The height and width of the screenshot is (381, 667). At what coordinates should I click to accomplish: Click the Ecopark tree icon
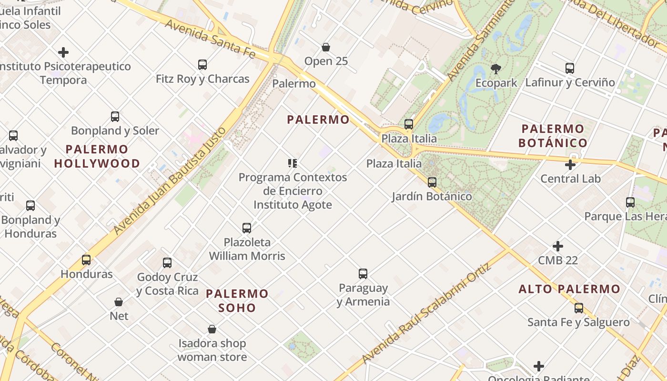[x=496, y=69]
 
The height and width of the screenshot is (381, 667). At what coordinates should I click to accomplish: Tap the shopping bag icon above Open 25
[x=326, y=47]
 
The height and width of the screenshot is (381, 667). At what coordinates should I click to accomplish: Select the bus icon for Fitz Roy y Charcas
[x=202, y=64]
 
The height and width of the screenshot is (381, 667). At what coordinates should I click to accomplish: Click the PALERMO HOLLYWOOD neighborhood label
[x=97, y=156]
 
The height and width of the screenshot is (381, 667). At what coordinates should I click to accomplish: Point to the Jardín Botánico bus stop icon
[x=432, y=182]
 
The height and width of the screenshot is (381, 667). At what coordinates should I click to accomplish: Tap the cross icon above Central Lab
[x=570, y=165]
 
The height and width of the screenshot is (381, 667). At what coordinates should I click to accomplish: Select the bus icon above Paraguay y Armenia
[x=363, y=274]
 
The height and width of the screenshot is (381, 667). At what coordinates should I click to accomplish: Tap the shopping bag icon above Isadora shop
[x=212, y=329]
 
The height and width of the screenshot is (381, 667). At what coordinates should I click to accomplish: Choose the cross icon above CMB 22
[x=558, y=246]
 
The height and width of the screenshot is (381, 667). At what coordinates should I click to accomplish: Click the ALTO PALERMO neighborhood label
[x=569, y=289]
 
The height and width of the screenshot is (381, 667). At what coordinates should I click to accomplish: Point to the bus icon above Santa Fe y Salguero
[x=579, y=308]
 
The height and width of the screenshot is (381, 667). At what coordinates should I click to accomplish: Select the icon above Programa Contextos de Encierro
[x=293, y=163]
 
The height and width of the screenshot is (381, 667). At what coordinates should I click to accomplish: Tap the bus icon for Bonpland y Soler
[x=115, y=117]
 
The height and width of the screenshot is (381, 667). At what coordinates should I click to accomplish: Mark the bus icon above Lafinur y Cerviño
[x=570, y=68]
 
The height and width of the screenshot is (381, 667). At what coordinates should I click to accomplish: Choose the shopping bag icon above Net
[x=119, y=302]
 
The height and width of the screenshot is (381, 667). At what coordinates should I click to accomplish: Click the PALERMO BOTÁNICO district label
[x=553, y=136]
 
